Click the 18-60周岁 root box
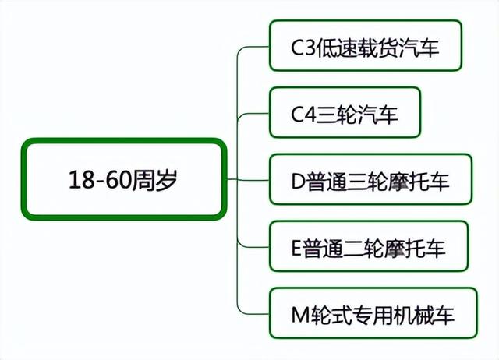pyautogui.click(x=124, y=179)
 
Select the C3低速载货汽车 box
pyautogui.click(x=366, y=45)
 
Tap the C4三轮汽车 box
pyautogui.click(x=345, y=112)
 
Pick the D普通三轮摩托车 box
pyautogui.click(x=370, y=179)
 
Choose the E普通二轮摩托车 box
pyautogui.click(x=369, y=246)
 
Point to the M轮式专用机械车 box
pyautogui.click(x=373, y=313)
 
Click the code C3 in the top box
pyautogui.click(x=303, y=48)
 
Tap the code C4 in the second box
pyautogui.click(x=304, y=115)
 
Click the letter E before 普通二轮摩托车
pyautogui.click(x=296, y=249)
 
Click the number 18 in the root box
pyautogui.click(x=82, y=180)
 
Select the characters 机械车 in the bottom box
pyautogui.click(x=424, y=315)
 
